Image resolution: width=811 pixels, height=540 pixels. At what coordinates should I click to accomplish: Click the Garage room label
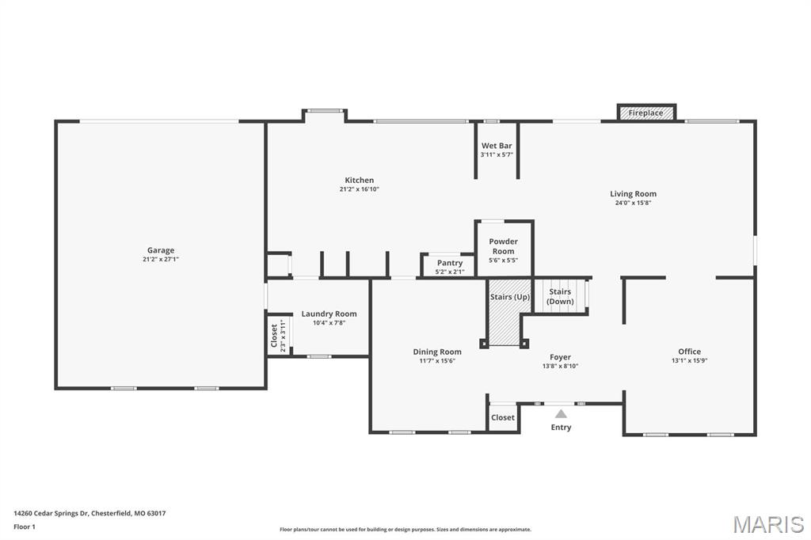[160, 250]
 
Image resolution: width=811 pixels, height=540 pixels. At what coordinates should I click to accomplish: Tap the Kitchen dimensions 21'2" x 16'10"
[359, 189]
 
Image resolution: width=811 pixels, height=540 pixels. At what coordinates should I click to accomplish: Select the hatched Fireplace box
[646, 112]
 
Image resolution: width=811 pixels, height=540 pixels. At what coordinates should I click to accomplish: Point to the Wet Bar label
[497, 146]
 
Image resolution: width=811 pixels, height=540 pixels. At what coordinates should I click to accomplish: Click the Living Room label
[633, 194]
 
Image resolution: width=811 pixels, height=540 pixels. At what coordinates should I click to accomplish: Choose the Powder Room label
[503, 246]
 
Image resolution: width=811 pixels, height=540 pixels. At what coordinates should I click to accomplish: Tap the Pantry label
[450, 263]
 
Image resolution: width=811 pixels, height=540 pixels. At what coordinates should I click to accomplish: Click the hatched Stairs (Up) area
[510, 313]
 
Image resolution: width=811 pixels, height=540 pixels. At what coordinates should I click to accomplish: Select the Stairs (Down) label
[560, 296]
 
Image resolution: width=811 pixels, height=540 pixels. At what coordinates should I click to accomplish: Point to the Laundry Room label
[329, 314]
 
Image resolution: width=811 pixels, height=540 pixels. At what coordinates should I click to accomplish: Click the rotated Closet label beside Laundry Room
[274, 336]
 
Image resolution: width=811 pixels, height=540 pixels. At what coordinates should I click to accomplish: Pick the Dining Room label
[437, 352]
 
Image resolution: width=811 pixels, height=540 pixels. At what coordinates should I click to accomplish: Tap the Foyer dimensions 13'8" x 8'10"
[560, 367]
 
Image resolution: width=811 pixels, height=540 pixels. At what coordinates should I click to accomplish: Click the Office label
[690, 352]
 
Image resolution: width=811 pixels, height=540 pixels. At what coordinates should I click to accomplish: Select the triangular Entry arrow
[561, 414]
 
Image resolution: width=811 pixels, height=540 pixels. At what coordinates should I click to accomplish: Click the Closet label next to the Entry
[503, 417]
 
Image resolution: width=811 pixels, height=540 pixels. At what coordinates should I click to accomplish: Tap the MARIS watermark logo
[768, 524]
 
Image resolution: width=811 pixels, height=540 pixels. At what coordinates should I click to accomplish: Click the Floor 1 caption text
[25, 527]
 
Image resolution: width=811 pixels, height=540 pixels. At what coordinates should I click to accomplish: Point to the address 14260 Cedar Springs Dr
[51, 514]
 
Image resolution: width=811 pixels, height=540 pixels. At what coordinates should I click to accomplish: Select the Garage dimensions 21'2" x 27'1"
[160, 259]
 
